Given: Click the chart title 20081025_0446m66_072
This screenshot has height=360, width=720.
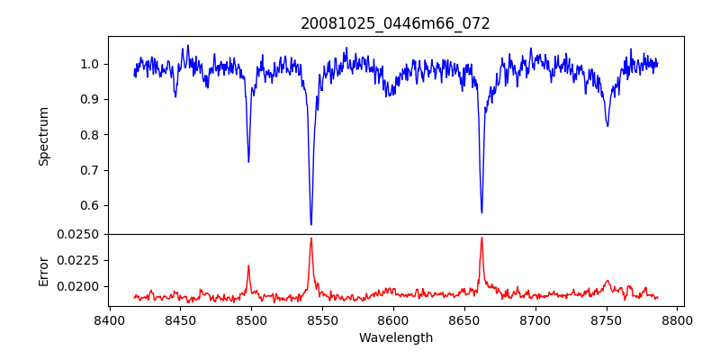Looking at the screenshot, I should point(395,23).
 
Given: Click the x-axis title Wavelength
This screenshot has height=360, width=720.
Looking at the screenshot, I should point(395,337).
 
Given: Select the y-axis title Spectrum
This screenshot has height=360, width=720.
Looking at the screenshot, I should point(43,136).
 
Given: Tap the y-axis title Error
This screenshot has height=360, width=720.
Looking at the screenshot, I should point(43,270).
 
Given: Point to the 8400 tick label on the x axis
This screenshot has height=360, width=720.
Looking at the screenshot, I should point(109,319).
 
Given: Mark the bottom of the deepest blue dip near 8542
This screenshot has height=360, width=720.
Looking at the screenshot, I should point(311,224).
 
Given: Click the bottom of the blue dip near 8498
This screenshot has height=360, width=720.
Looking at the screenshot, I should point(248,162).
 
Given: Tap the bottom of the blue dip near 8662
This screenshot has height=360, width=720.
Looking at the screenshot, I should point(481,212).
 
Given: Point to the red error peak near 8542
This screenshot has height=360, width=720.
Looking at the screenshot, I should point(311,238).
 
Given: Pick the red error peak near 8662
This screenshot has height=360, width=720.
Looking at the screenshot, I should point(481,238).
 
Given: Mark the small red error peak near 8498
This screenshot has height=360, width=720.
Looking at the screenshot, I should point(248,265).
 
